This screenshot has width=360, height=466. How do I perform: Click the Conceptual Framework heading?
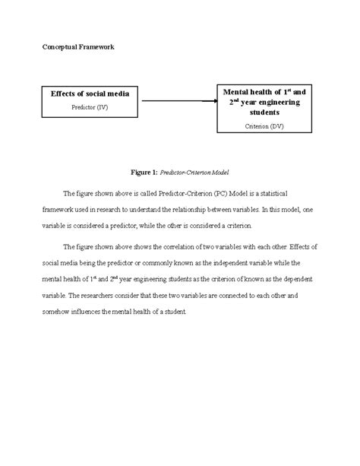[x=78, y=47]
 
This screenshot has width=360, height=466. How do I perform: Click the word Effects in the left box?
[x=65, y=94]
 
